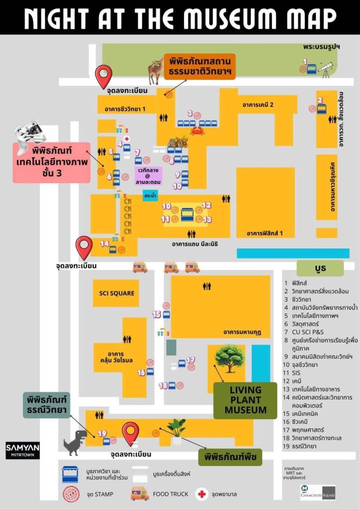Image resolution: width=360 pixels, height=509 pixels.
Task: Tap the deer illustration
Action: click(x=156, y=71)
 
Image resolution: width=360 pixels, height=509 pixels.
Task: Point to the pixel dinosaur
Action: click(x=75, y=442)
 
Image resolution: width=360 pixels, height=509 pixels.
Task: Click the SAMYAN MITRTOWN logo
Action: click(x=22, y=450)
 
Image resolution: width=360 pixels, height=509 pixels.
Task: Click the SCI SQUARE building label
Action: click(x=113, y=293)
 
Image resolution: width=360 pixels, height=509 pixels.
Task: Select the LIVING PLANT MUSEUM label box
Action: click(x=245, y=400)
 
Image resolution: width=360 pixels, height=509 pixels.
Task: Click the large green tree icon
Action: click(x=229, y=357)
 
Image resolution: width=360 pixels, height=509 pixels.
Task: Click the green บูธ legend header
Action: click(x=320, y=268)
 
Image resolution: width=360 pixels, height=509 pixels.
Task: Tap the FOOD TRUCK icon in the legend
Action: click(x=139, y=494)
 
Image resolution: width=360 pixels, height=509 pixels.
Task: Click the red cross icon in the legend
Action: click(x=201, y=494)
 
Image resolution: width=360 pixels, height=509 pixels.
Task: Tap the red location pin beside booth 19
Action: click(x=130, y=432)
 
